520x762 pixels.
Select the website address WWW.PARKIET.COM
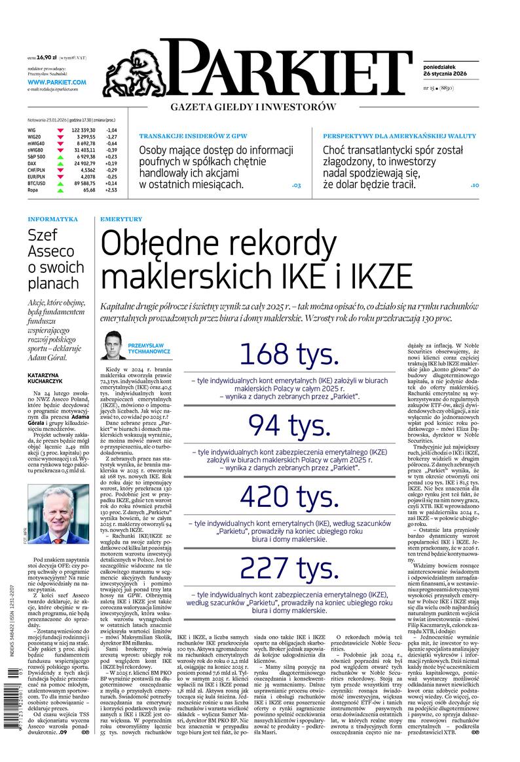(x=57, y=82)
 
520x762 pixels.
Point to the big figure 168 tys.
(x=289, y=354)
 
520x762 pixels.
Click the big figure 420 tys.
(x=289, y=496)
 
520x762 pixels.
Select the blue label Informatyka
(x=53, y=219)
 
